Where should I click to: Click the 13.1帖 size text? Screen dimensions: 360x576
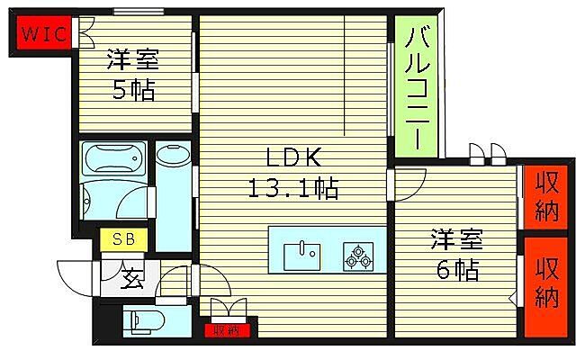[293, 190]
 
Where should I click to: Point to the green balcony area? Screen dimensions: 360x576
[416, 88]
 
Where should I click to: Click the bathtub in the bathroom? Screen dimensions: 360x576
[112, 159]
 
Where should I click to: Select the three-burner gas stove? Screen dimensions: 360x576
[356, 256]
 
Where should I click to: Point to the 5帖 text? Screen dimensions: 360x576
[132, 91]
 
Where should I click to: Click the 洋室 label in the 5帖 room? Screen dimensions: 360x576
[132, 61]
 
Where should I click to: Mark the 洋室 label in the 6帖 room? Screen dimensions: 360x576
[456, 240]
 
